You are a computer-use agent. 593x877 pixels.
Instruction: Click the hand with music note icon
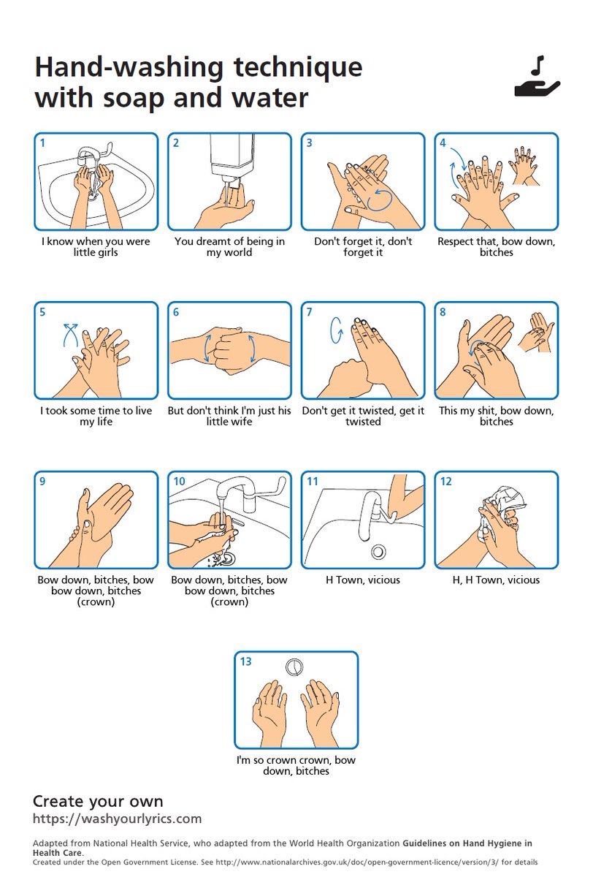pyautogui.click(x=537, y=80)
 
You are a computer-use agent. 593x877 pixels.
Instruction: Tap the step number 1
pyautogui.click(x=43, y=143)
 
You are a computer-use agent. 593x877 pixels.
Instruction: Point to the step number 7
pyautogui.click(x=310, y=312)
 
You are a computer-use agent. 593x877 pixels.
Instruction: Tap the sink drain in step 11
pyautogui.click(x=378, y=550)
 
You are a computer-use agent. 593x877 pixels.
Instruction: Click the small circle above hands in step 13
pyautogui.click(x=294, y=667)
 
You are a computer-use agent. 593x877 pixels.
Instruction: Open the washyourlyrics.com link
pyautogui.click(x=117, y=819)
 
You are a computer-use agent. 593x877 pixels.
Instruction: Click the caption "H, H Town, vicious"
pyautogui.click(x=496, y=580)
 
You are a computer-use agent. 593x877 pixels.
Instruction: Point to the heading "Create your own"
pyautogui.click(x=98, y=800)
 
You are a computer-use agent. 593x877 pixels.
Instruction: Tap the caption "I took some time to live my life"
pyautogui.click(x=96, y=417)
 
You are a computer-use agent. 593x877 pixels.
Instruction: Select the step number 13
pyautogui.click(x=246, y=661)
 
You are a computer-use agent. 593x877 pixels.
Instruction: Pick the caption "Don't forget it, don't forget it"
pyautogui.click(x=363, y=247)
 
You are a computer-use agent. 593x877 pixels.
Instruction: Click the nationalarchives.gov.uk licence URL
pyautogui.click(x=380, y=863)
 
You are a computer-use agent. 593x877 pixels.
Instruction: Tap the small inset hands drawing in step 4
pyautogui.click(x=524, y=165)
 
